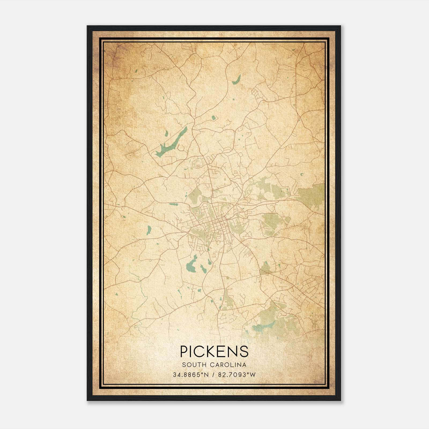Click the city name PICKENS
pyautogui.click(x=214, y=351)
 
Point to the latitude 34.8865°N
pyautogui.click(x=191, y=375)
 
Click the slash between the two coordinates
pyautogui.click(x=213, y=375)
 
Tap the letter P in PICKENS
pyautogui.click(x=184, y=351)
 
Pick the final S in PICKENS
pyautogui.click(x=244, y=351)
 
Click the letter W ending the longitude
pyautogui.click(x=253, y=375)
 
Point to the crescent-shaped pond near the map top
pyautogui.click(x=236, y=79)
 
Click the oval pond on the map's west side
pyautogui.click(x=149, y=230)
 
